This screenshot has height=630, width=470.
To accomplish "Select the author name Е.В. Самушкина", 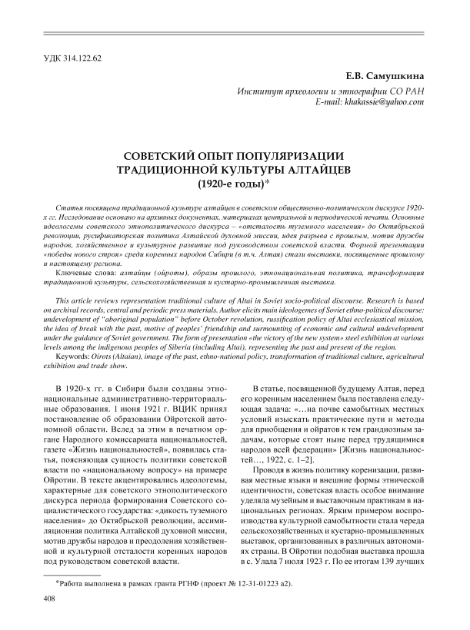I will (384, 76).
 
